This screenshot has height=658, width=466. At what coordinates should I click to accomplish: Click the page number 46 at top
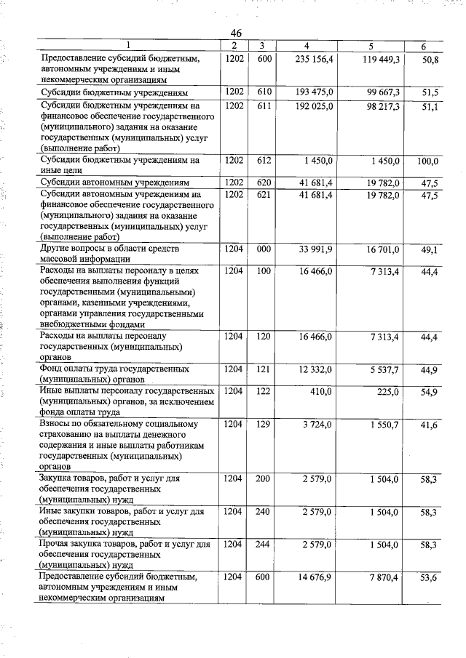tap(236, 33)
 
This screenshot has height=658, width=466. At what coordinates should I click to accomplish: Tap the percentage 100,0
tap(427, 161)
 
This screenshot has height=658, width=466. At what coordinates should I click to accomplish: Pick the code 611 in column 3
tap(264, 106)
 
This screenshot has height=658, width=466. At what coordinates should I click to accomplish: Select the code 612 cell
tap(264, 161)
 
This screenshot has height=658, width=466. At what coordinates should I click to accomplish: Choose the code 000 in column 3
tap(264, 250)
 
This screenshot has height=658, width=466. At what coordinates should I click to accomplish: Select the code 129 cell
tap(264, 425)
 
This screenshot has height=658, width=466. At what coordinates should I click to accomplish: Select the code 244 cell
tap(264, 545)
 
